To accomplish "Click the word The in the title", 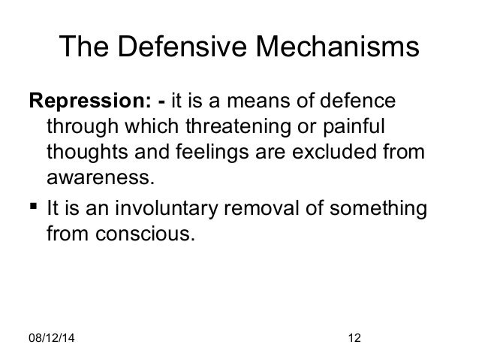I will click(x=83, y=47).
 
